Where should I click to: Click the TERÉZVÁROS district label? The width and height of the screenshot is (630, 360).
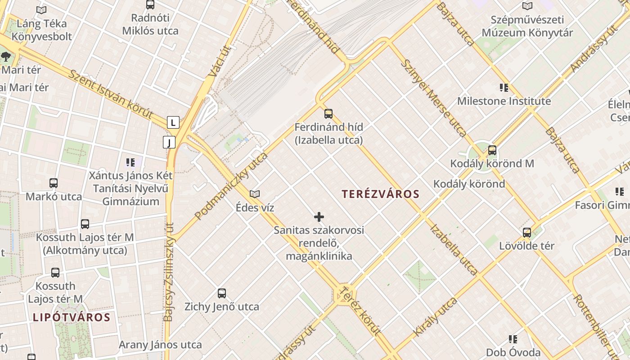[380, 194]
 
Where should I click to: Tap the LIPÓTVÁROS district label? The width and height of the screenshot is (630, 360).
[72, 317]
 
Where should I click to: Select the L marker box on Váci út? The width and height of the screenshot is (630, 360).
[173, 122]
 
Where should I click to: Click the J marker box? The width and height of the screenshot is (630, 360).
[169, 143]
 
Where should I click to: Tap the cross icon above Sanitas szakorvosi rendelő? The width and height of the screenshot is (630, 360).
[319, 217]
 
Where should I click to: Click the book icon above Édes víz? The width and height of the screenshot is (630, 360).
[255, 194]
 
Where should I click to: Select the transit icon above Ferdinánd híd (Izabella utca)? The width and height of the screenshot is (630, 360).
[328, 113]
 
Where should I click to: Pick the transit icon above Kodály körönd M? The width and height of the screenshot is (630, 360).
[492, 150]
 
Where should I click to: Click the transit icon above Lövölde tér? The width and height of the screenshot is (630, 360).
[527, 233]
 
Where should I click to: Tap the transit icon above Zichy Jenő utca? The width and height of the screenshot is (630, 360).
[222, 293]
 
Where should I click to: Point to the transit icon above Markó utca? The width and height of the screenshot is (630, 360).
[54, 183]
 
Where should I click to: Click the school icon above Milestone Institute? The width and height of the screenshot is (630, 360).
[504, 87]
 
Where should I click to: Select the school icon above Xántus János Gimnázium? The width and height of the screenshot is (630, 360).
[130, 162]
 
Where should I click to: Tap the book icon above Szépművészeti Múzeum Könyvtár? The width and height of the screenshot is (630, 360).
[527, 6]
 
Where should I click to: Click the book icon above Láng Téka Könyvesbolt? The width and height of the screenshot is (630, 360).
[41, 10]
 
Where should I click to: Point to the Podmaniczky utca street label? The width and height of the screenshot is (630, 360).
[232, 185]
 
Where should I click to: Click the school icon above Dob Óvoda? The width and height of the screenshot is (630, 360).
[513, 339]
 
